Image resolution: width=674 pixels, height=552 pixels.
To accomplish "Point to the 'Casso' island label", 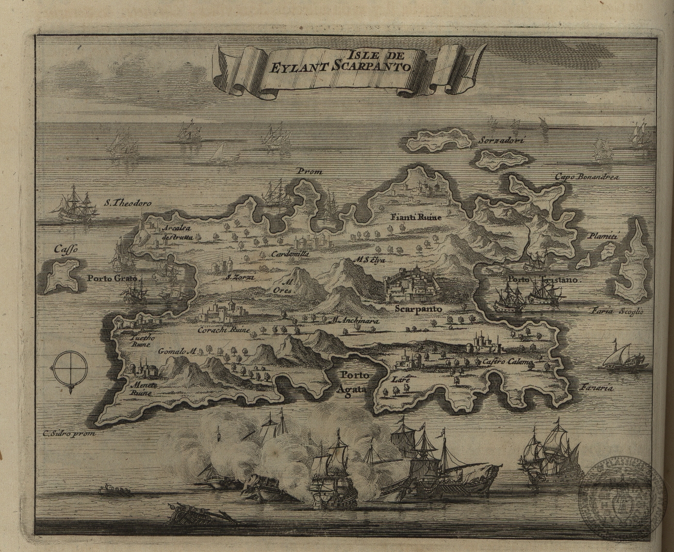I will (66, 250).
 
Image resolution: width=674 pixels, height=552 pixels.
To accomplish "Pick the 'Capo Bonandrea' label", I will (586, 177).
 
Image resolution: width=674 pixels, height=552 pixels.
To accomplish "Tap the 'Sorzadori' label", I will (497, 140).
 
